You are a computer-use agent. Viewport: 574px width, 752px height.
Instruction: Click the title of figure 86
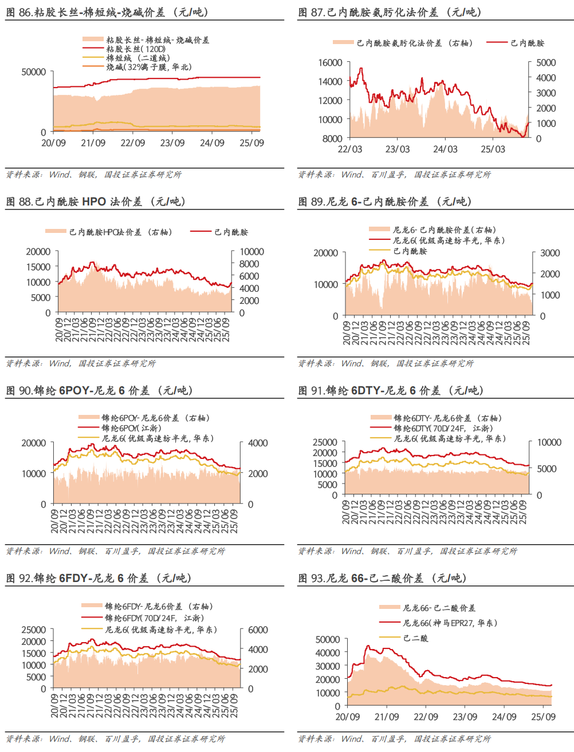click(x=107, y=12)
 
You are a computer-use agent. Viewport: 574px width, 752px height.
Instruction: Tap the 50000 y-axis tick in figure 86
click(x=34, y=72)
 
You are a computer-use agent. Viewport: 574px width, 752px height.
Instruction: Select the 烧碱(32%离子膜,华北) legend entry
click(x=149, y=67)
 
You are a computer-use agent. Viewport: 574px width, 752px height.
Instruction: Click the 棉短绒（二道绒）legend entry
click(x=137, y=58)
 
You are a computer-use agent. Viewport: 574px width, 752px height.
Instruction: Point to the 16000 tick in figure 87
click(x=331, y=62)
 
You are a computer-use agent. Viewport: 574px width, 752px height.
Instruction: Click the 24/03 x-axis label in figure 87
click(x=445, y=149)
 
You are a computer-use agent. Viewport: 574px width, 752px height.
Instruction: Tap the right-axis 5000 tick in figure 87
click(x=546, y=62)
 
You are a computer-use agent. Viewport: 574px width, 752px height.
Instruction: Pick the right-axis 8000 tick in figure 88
click(x=249, y=264)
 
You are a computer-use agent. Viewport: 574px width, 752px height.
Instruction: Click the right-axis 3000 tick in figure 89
click(x=550, y=253)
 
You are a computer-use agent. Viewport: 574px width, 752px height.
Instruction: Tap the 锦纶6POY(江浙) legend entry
click(x=131, y=428)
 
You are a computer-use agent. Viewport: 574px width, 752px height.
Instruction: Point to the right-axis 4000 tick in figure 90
click(x=258, y=443)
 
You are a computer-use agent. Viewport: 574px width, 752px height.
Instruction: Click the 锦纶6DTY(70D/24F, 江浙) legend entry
click(x=443, y=428)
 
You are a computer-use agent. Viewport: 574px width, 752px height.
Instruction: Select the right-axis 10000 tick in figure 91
click(x=549, y=442)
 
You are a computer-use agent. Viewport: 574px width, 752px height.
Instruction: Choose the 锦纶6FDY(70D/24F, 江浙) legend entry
click(x=154, y=618)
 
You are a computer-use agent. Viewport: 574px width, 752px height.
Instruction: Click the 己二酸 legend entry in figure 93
click(x=415, y=638)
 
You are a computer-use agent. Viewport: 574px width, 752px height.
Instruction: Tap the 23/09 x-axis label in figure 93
click(x=465, y=717)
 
